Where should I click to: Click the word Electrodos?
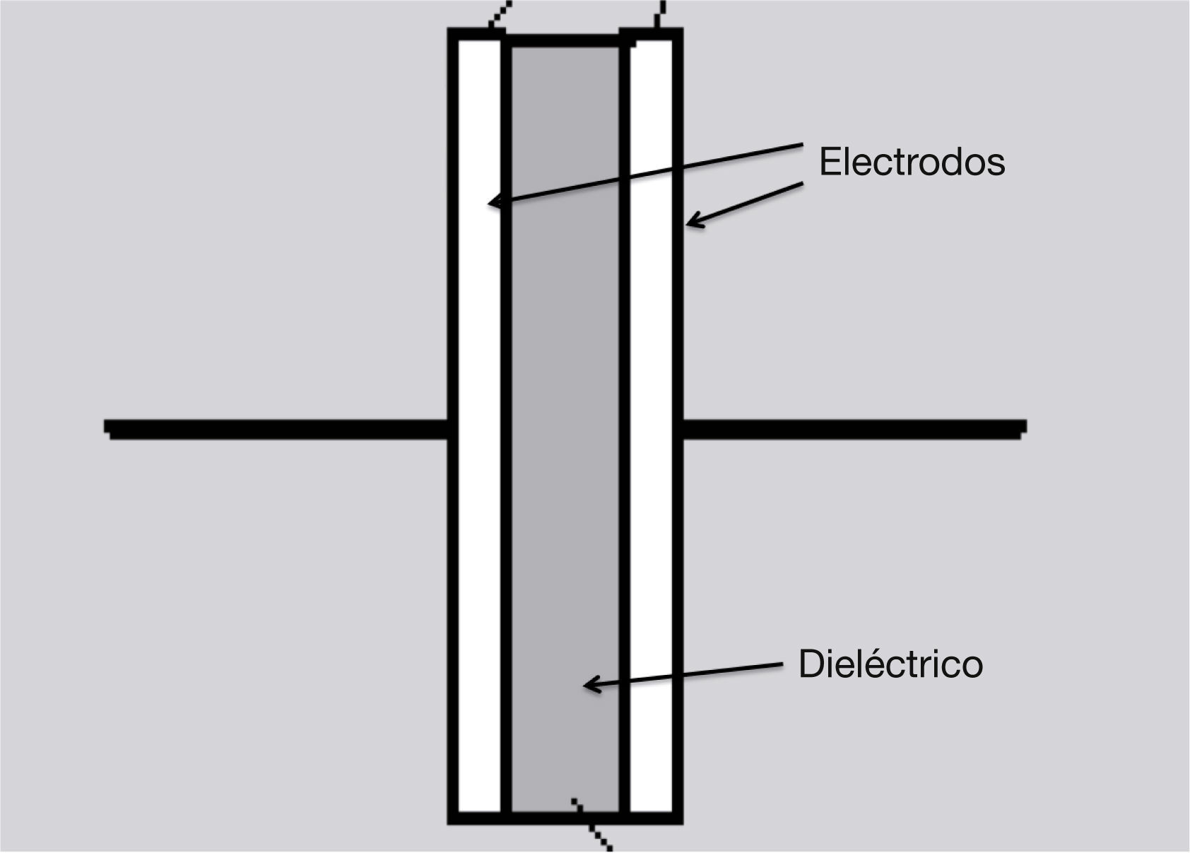tap(912, 162)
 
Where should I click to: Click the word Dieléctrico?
tap(890, 664)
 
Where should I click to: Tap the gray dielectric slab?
tap(565, 424)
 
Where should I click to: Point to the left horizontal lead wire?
tap(276, 428)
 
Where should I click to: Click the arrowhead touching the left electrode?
tap(493, 204)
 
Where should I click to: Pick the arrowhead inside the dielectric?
tap(588, 684)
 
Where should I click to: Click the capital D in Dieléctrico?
tap(810, 664)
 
